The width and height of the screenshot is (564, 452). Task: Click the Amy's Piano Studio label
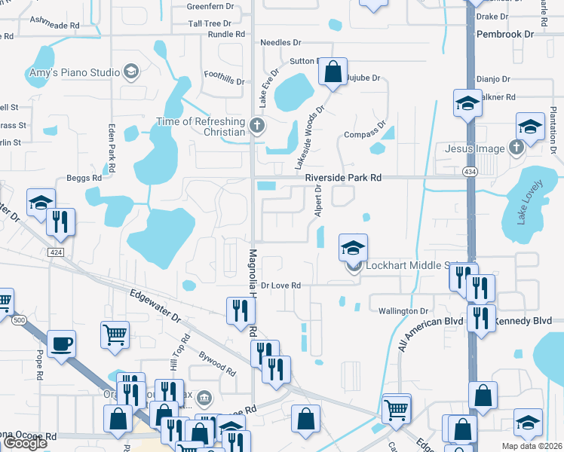(74, 72)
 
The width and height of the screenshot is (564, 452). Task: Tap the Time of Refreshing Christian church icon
(257, 126)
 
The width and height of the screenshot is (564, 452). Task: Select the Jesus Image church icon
(516, 148)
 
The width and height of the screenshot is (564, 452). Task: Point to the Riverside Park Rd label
(343, 177)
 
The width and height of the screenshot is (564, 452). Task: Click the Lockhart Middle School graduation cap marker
(352, 247)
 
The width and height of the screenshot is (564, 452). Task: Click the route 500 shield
(19, 320)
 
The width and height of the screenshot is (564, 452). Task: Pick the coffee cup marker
(61, 343)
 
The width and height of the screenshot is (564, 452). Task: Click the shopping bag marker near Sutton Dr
(333, 72)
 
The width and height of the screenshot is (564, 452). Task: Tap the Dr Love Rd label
(281, 286)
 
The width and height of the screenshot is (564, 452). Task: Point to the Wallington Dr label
(403, 311)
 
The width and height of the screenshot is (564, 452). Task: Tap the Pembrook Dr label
(505, 35)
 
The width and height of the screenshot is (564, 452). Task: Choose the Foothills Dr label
(225, 80)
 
